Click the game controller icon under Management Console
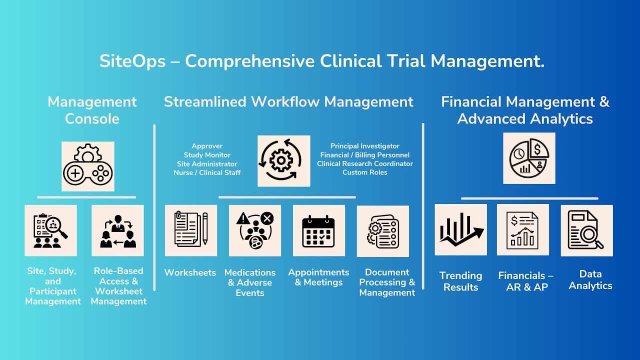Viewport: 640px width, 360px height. click(x=88, y=166)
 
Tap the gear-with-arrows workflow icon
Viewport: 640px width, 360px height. click(x=283, y=161)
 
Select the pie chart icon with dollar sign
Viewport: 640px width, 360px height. click(x=529, y=158)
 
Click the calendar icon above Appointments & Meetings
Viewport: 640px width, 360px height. click(x=318, y=230)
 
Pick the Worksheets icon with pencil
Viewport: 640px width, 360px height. click(x=191, y=230)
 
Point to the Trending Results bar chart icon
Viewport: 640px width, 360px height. click(x=460, y=229)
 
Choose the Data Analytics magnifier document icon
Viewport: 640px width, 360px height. click(x=586, y=230)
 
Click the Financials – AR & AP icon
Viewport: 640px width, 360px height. click(x=522, y=229)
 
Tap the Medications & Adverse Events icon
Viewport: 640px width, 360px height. click(x=255, y=230)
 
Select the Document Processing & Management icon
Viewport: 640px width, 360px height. click(x=382, y=231)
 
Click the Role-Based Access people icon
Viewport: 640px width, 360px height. click(x=117, y=230)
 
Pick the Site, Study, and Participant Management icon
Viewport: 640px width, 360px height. click(x=50, y=230)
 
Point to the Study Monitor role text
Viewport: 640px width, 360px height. click(x=207, y=155)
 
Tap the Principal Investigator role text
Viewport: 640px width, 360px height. click(x=365, y=146)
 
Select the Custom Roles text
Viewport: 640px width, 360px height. click(x=365, y=172)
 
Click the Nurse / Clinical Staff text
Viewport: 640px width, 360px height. click(x=207, y=172)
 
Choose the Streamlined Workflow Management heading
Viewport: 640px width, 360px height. click(x=288, y=102)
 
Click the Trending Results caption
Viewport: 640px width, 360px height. click(x=460, y=281)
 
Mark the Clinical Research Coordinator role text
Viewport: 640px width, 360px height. click(x=365, y=163)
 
